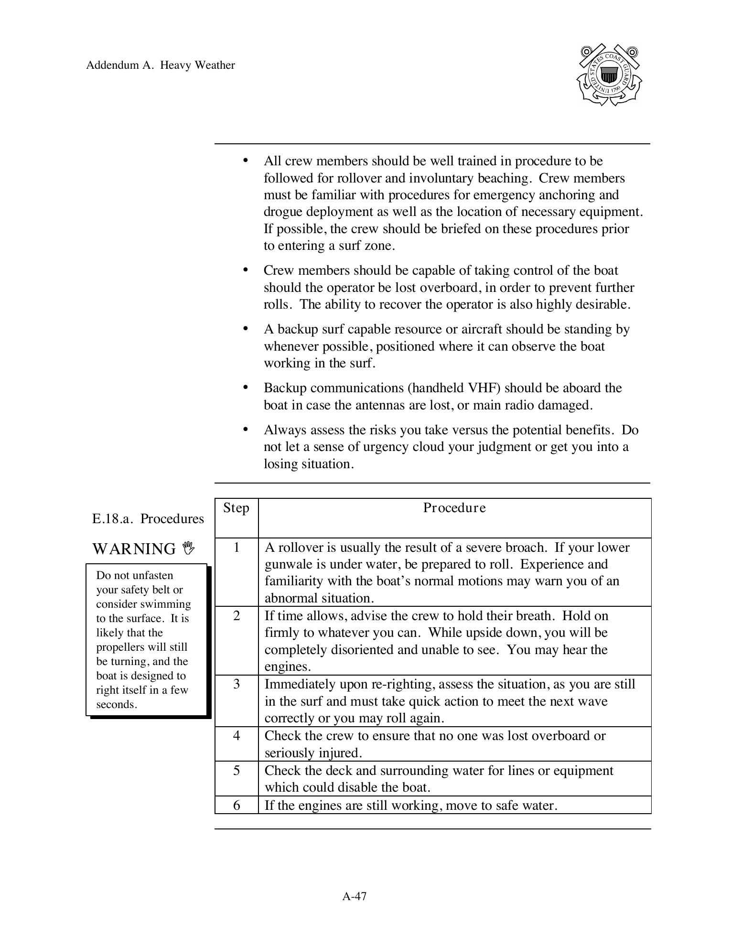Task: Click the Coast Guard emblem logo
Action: [x=609, y=75]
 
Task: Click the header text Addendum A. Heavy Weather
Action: [x=160, y=65]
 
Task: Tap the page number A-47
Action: [x=354, y=896]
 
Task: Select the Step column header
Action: [x=236, y=508]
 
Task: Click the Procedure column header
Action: [x=454, y=508]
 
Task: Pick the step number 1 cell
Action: [x=236, y=548]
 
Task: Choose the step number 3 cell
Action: [x=236, y=684]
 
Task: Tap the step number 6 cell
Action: [x=236, y=806]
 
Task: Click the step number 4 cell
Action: [x=236, y=736]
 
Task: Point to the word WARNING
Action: [x=134, y=549]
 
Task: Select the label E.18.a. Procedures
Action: [x=148, y=519]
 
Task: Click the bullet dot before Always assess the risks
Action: [x=246, y=429]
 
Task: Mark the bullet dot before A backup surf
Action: [x=246, y=328]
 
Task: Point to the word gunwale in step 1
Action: [x=286, y=564]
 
